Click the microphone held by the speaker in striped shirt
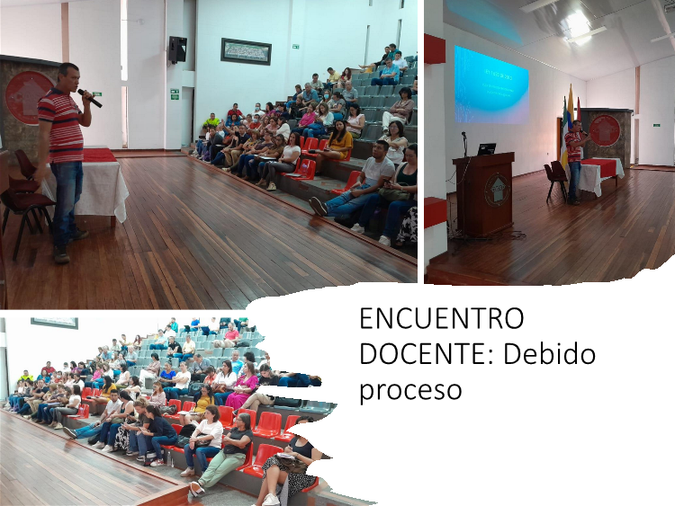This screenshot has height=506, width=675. point(89,98)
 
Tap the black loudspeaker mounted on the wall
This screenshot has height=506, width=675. point(177,49)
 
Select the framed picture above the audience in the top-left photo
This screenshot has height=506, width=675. point(246,51)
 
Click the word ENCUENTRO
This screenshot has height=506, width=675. point(442,318)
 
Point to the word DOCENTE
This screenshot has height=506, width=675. point(427,354)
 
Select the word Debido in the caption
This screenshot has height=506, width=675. point(549,354)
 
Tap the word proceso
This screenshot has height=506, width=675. point(410,391)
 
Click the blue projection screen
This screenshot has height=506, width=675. point(491,84)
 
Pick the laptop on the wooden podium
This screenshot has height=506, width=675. point(486,149)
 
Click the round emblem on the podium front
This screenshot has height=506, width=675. point(497,190)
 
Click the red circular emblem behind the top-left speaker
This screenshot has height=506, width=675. point(25,97)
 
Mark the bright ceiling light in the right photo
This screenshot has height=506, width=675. point(577,24)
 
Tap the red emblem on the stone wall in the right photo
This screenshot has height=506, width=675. point(605,130)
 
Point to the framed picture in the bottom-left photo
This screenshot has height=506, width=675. point(54,323)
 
